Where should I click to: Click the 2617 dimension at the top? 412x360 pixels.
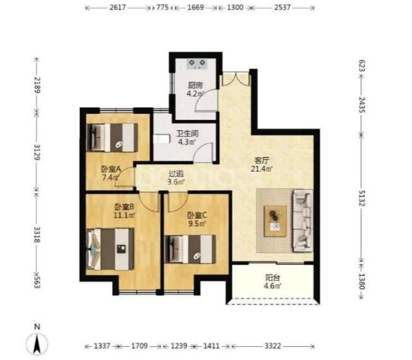click(118, 7)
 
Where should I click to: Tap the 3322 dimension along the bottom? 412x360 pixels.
click(273, 346)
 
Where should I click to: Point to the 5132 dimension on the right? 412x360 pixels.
click(362, 198)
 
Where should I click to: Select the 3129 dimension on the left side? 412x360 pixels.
click(37, 152)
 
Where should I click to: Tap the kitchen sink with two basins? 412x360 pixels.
click(197, 64)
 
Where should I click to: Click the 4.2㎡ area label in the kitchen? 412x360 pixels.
click(195, 93)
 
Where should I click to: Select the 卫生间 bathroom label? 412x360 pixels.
click(187, 133)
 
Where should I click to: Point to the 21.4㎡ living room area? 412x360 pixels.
click(261, 169)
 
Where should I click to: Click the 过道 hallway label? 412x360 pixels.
click(176, 174)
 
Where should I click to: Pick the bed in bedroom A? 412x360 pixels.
click(112, 137)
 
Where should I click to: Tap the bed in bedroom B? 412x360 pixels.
click(111, 249)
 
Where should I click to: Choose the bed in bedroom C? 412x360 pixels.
click(190, 249)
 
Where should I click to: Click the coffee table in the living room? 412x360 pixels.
click(275, 221)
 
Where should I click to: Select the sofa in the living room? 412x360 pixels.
click(303, 221)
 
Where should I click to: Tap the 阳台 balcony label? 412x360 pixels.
click(273, 277)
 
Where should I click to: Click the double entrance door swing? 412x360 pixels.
click(235, 78)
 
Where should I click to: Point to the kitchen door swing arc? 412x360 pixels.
click(206, 100)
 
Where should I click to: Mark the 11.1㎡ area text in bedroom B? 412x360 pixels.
click(124, 215)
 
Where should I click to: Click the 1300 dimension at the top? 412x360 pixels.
click(235, 7)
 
